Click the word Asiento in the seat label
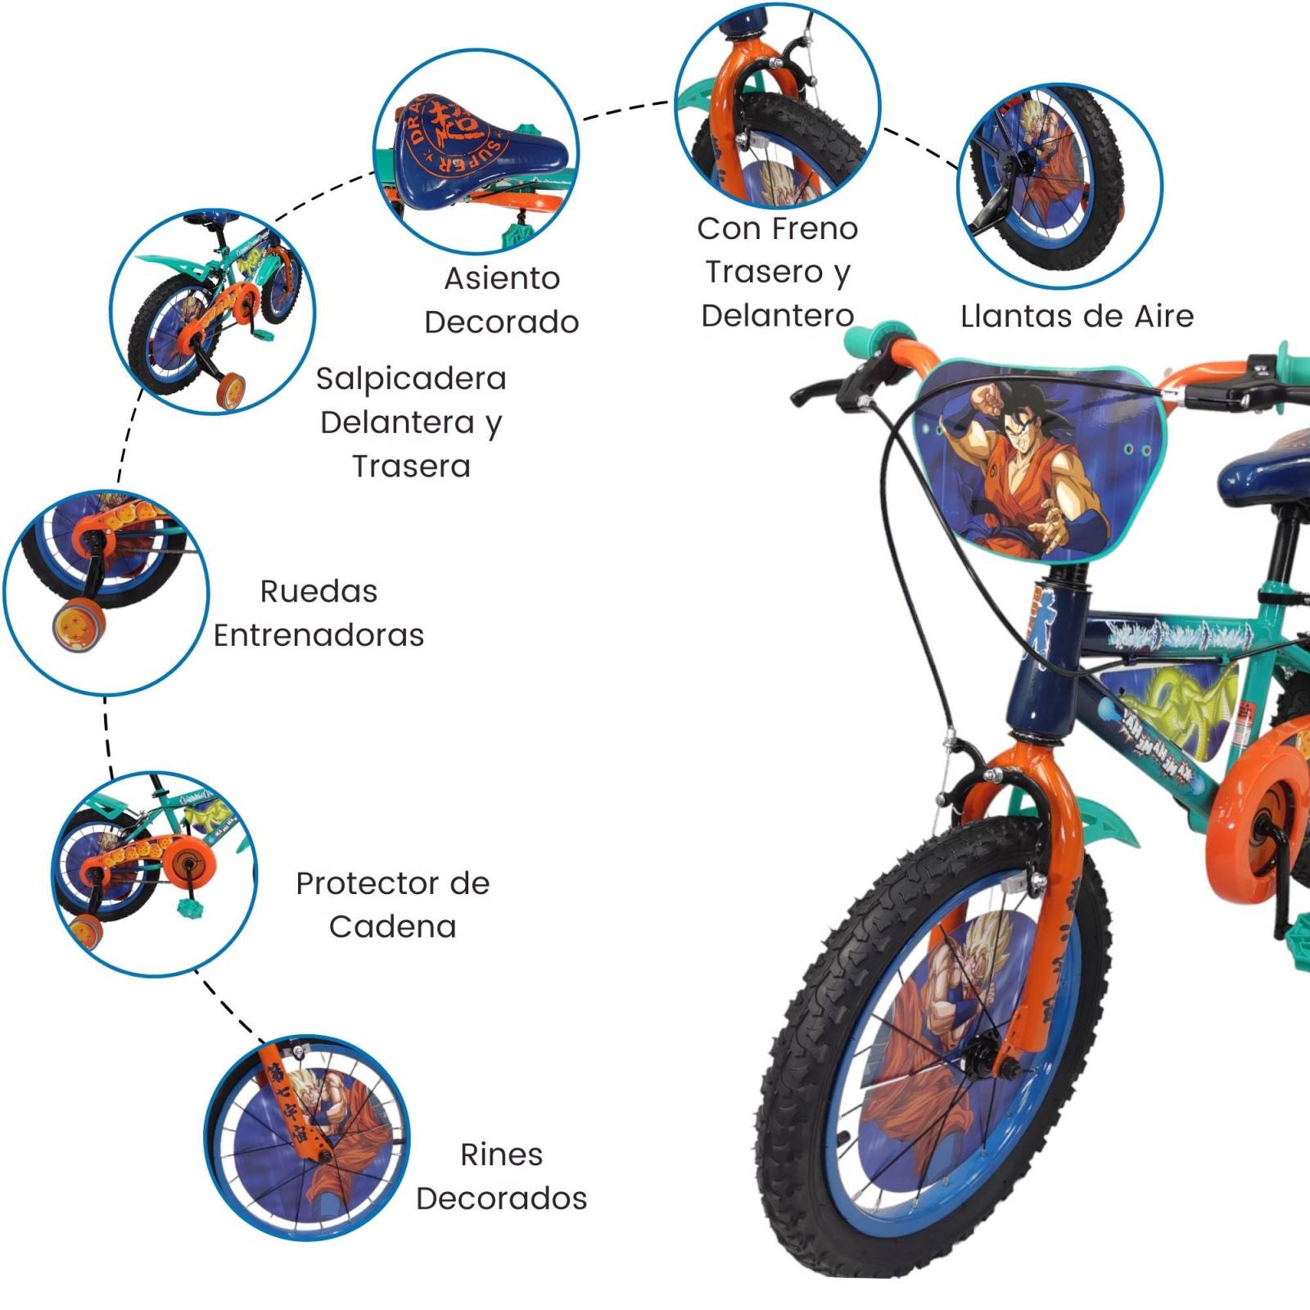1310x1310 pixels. click(502, 278)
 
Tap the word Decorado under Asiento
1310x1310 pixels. click(501, 322)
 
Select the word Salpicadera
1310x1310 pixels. click(411, 378)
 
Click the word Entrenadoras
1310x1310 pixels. click(318, 635)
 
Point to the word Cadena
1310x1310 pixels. click(392, 927)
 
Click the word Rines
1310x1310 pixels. click(501, 1154)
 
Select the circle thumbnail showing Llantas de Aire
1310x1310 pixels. click(1059, 186)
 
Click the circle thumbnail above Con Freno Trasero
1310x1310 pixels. click(777, 106)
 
